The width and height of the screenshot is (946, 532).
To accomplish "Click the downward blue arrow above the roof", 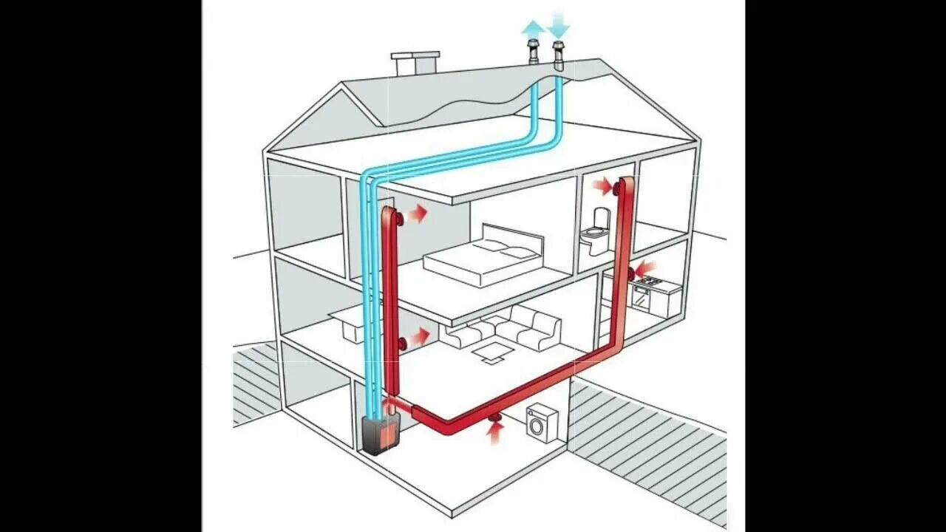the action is (559, 26).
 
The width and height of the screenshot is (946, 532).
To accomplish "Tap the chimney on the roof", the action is (415, 63).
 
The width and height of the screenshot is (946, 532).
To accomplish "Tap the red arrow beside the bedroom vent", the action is (418, 214).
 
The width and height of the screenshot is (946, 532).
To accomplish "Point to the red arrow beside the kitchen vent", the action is (646, 267).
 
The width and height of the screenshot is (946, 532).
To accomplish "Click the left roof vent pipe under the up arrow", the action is (532, 55).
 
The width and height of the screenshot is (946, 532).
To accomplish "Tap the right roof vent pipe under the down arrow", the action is (559, 57).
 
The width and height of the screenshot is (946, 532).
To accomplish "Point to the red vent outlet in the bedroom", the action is (399, 219).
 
